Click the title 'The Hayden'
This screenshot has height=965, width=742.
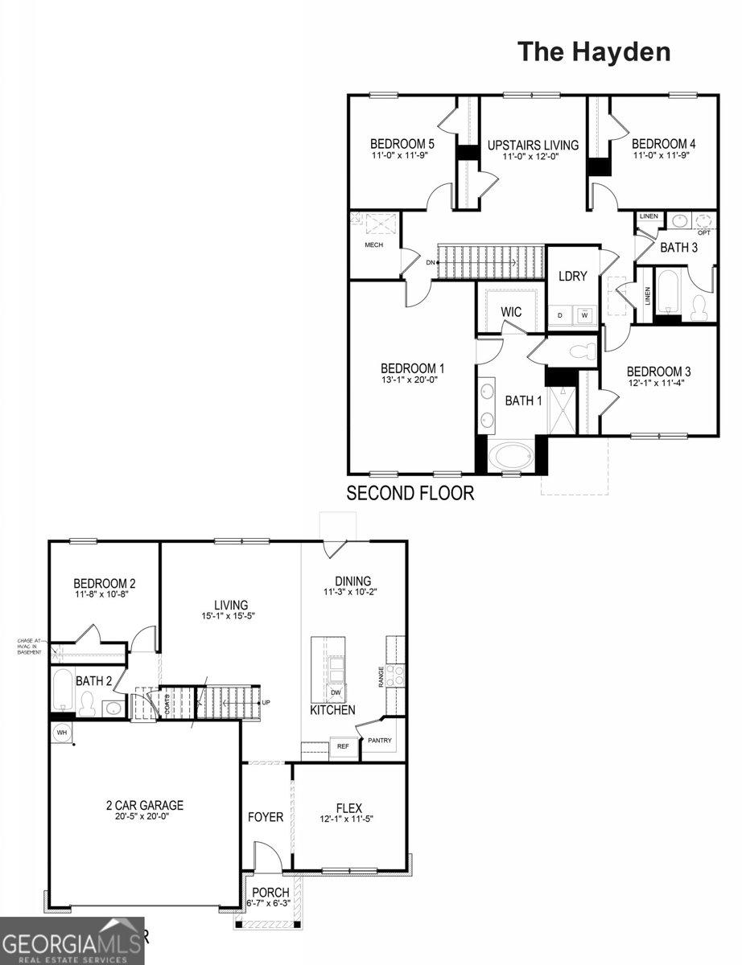[x=594, y=51]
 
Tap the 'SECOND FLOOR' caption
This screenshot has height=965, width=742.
[x=410, y=493]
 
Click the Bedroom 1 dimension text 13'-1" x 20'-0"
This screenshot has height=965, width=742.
[x=413, y=380]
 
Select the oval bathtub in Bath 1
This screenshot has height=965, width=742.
[x=512, y=457]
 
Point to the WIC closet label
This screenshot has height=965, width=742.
[x=513, y=311]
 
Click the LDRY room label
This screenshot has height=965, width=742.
[x=573, y=276]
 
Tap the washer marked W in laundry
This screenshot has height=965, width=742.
[x=585, y=315]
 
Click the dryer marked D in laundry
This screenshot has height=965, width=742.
[x=560, y=315]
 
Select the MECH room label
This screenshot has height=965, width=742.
[x=373, y=245]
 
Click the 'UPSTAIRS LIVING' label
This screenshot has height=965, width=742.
[x=533, y=146]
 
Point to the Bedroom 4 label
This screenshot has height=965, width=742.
[x=664, y=144]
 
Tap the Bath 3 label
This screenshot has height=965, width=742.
[x=679, y=248]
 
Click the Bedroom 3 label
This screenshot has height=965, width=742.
[x=658, y=372]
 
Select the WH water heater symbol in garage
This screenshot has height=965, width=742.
[x=62, y=733]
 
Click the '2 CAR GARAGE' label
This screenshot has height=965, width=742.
[x=145, y=804]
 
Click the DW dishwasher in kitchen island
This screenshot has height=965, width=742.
[x=335, y=692]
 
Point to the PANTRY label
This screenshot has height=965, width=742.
[x=379, y=740]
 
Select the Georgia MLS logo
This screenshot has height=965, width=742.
[x=72, y=941]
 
